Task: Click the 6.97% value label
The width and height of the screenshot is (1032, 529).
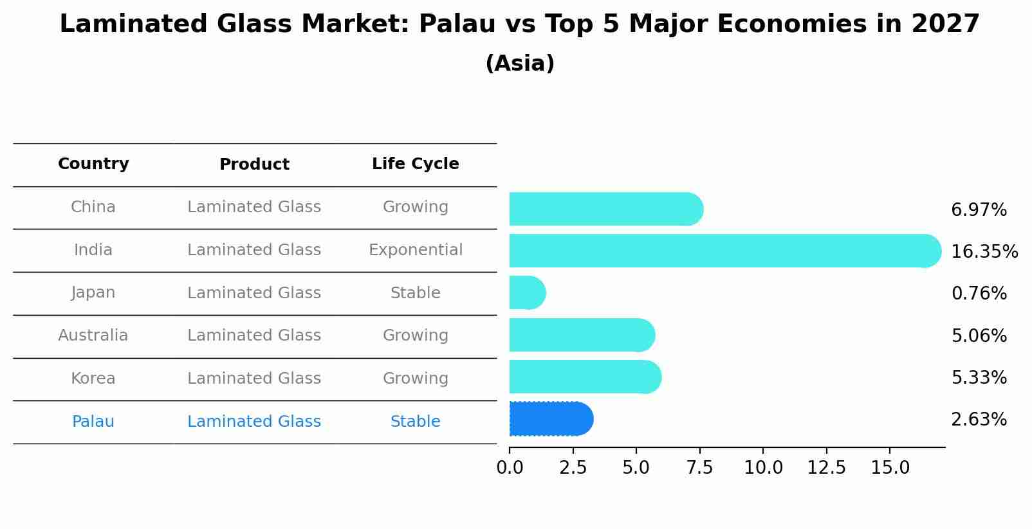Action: (x=979, y=210)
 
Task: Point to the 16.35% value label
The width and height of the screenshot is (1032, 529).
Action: (x=984, y=251)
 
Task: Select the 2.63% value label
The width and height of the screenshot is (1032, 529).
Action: (x=979, y=420)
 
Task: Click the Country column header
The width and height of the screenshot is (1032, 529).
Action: (x=93, y=164)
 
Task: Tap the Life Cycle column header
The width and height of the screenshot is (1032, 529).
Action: (x=415, y=164)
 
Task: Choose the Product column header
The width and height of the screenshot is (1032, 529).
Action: (x=254, y=165)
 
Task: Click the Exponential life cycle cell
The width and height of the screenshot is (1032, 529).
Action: (x=415, y=250)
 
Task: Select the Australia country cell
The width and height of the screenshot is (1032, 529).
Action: (x=93, y=336)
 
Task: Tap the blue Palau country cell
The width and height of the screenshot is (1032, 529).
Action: (x=93, y=422)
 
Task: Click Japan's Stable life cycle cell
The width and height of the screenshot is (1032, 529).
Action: (x=415, y=293)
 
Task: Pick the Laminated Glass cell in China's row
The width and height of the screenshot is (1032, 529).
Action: (x=254, y=207)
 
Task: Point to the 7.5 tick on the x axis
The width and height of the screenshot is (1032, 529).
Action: (x=699, y=467)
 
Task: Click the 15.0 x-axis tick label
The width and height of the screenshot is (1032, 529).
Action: (x=890, y=467)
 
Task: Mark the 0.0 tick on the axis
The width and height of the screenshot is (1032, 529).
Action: (x=510, y=467)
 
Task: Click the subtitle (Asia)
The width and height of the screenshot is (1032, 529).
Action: (x=520, y=64)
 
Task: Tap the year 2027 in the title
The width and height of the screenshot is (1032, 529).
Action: (x=944, y=24)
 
